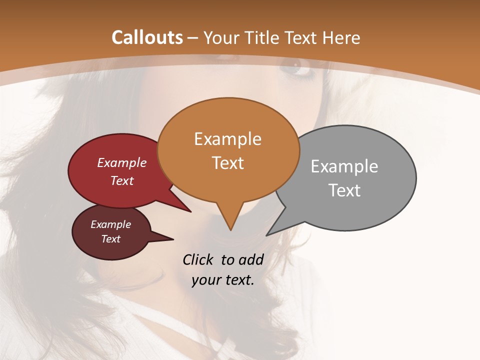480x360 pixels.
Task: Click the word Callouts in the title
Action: (147, 37)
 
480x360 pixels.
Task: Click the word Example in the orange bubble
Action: (227, 139)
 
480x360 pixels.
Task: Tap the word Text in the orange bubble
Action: (227, 163)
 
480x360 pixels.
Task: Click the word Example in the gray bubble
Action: (344, 166)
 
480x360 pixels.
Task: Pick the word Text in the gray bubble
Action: (344, 190)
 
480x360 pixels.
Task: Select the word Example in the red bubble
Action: (122, 163)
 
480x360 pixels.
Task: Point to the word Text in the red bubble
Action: (122, 180)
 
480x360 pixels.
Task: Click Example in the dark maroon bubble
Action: (110, 224)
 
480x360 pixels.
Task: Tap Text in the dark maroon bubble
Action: (110, 239)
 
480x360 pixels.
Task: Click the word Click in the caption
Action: (199, 259)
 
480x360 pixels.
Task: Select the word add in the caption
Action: (251, 259)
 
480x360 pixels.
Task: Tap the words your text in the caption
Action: (223, 280)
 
